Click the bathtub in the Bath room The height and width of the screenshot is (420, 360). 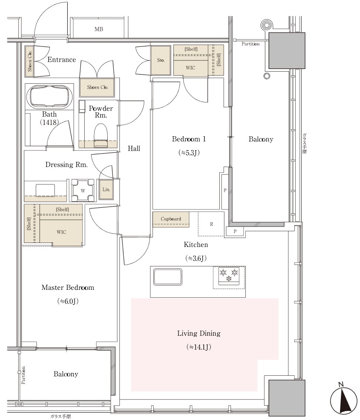click(50, 96)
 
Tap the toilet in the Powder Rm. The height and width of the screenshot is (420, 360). click(101, 135)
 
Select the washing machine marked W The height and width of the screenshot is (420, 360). click(83, 190)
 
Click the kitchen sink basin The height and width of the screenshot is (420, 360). click(168, 277)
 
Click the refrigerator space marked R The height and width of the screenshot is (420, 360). click(211, 224)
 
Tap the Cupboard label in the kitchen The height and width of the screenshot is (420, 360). click(171, 219)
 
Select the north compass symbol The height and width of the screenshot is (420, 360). click(343, 399)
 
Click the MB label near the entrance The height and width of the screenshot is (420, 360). click(99, 29)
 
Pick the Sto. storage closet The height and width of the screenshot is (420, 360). click(161, 60)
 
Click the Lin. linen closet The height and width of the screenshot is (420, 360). click(106, 189)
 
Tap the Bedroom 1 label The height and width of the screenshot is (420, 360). click(189, 139)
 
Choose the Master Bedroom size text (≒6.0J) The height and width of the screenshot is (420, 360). click(68, 302)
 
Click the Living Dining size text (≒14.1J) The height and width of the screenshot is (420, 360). click(198, 347)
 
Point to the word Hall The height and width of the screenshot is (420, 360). click(134, 148)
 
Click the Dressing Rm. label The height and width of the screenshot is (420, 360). click(66, 164)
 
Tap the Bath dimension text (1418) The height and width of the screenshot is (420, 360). click(50, 122)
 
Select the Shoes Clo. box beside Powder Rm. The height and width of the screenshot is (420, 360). click(97, 87)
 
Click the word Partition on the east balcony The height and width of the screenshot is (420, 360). click(251, 44)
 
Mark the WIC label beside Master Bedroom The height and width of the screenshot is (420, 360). click(61, 232)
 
